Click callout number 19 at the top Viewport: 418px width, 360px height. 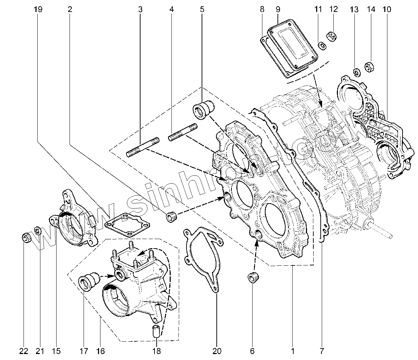click(x=38, y=9)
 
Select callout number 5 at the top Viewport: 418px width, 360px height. click(x=202, y=9)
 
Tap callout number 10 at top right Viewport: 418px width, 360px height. click(x=387, y=9)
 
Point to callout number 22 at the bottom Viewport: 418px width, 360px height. click(x=23, y=351)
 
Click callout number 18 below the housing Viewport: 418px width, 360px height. click(x=156, y=351)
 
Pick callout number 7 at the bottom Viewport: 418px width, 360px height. click(x=322, y=351)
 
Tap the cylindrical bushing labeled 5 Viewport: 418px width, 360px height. click(x=203, y=108)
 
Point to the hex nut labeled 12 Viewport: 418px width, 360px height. click(x=331, y=36)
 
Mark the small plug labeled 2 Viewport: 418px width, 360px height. click(x=171, y=217)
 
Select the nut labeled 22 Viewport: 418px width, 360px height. click(x=26, y=238)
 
